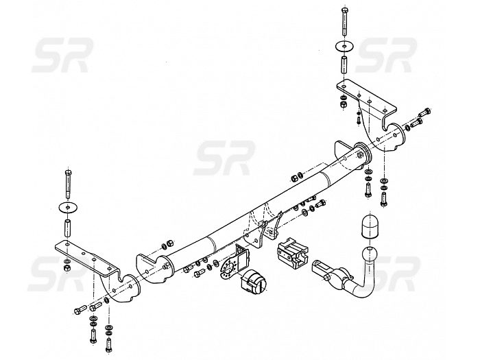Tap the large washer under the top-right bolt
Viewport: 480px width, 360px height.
pyautogui.click(x=343, y=46)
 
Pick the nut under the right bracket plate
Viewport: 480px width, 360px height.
pyautogui.click(x=341, y=108)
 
